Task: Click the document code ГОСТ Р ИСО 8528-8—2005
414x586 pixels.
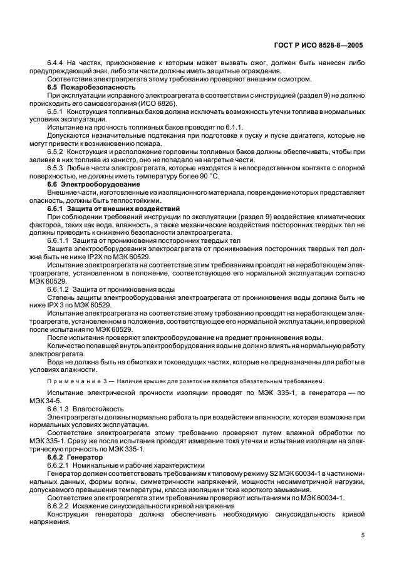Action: (x=318, y=46)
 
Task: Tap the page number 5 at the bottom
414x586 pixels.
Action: (x=363, y=536)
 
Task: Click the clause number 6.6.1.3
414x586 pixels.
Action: (x=60, y=408)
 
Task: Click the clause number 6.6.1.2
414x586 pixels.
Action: (x=60, y=288)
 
